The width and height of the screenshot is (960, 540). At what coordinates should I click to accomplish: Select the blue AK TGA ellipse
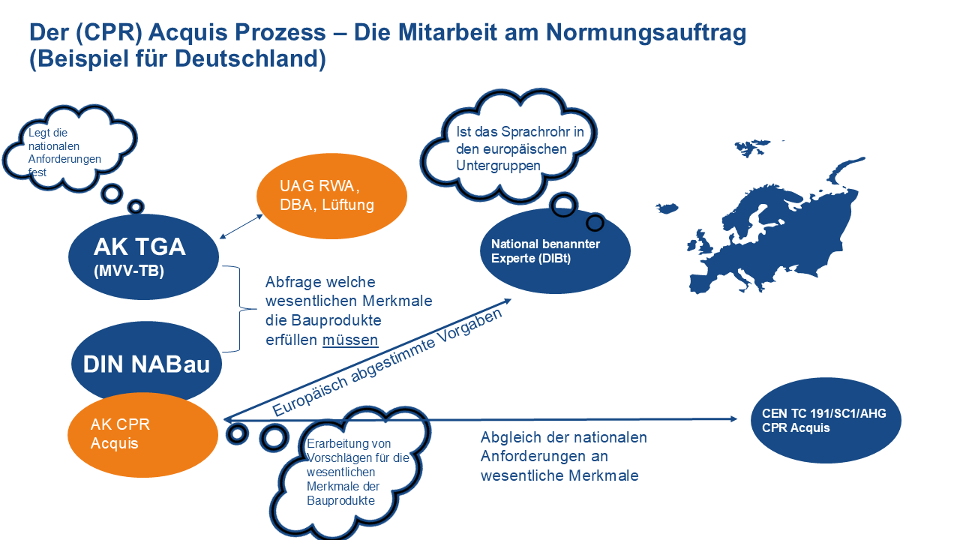(143, 256)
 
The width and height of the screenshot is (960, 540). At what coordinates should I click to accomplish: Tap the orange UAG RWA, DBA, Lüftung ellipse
(331, 196)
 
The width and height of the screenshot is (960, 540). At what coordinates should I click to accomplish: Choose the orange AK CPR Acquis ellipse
(142, 435)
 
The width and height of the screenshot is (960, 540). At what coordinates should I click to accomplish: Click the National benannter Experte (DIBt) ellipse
(555, 251)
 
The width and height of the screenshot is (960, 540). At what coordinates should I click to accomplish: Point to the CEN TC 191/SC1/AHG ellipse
(826, 420)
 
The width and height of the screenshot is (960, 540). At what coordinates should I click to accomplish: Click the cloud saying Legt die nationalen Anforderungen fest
(68, 148)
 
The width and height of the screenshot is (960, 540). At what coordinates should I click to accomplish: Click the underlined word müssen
(350, 340)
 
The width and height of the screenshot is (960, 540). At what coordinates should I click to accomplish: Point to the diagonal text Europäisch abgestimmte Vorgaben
(387, 362)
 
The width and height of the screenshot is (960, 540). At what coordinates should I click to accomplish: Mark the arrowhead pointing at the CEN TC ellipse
(733, 418)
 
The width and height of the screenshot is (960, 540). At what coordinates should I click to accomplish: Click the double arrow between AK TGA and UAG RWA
(241, 226)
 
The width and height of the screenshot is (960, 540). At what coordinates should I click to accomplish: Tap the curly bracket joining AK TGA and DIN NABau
(239, 308)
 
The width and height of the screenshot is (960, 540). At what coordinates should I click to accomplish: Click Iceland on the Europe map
(667, 208)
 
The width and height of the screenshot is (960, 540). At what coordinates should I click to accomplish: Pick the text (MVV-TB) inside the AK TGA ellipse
(129, 271)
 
